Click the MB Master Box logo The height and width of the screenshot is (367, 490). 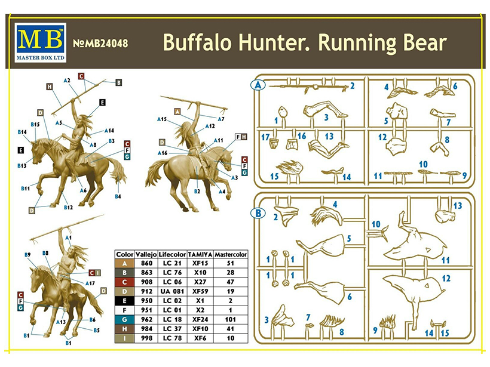point(40,43)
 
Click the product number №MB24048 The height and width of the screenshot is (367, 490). point(100,43)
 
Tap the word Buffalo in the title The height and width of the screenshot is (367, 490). point(197,42)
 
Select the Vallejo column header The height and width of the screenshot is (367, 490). point(146,254)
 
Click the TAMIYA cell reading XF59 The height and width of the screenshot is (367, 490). point(200,291)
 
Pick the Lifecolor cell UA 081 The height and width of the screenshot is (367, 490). point(172,291)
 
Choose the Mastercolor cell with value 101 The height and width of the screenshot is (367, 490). point(230,319)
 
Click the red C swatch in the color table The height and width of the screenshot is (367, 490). point(124,282)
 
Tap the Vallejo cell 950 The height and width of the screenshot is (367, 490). point(146,301)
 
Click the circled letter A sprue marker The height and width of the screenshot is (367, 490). point(258,85)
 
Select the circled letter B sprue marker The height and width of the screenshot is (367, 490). point(258,214)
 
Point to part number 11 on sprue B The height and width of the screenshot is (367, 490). point(446,260)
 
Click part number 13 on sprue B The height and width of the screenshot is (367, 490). point(458,206)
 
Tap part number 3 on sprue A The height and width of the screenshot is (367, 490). point(326,118)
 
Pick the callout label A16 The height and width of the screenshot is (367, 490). point(163,153)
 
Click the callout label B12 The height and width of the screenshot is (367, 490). point(68,207)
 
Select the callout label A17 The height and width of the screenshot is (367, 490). point(90,283)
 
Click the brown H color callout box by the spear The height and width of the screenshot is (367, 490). point(50,87)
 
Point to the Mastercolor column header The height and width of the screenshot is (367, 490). point(231,254)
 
